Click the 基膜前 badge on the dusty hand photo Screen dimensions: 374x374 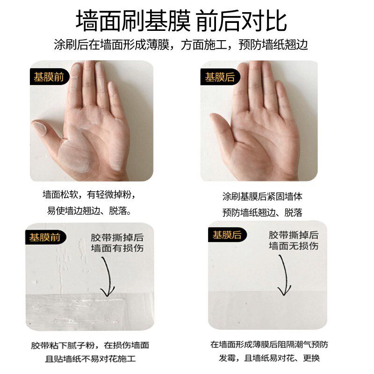click(49, 77)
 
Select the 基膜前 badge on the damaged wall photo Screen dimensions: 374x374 click(45, 237)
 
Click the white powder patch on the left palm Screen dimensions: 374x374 click(77, 150)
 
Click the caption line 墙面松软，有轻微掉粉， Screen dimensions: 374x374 click(91, 194)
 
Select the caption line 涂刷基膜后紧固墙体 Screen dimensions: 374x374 click(262, 196)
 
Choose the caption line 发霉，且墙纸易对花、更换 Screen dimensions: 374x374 click(269, 360)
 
